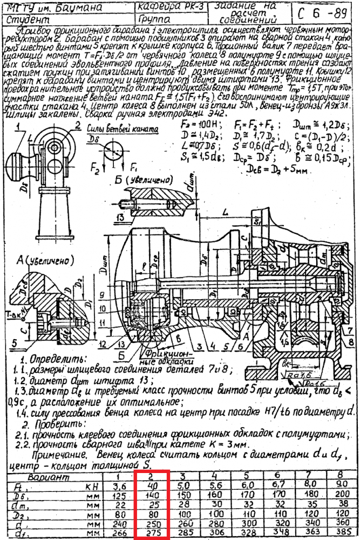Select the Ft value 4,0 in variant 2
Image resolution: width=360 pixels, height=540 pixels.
[x=152, y=485]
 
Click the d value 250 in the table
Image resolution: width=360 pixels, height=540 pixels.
[x=153, y=524]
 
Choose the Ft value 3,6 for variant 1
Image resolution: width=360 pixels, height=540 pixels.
[x=121, y=485]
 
